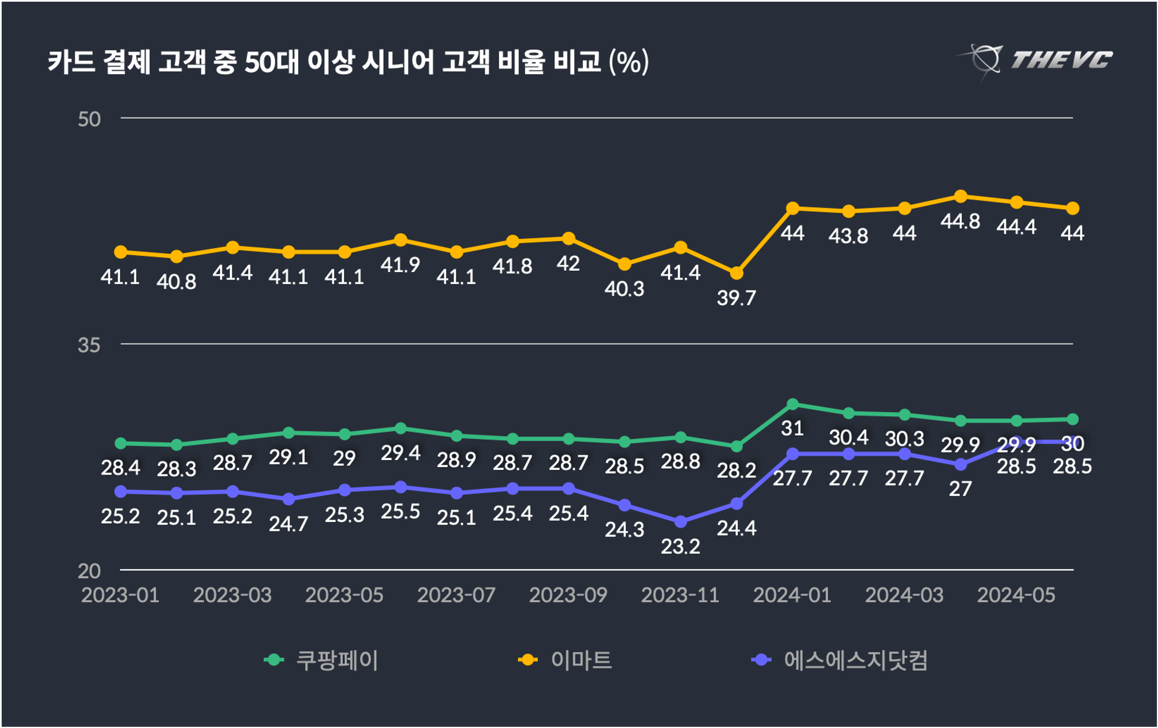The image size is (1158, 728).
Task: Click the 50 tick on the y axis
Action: tap(89, 119)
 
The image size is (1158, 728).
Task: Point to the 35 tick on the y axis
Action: tap(89, 345)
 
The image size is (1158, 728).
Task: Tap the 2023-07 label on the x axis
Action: tap(456, 595)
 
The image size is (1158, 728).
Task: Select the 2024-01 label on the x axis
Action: tap(792, 595)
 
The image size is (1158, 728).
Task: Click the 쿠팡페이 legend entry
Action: tap(321, 660)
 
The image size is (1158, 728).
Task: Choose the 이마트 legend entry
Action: tap(566, 660)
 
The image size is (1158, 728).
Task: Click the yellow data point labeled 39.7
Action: tap(736, 273)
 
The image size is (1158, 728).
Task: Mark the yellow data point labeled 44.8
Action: tap(961, 197)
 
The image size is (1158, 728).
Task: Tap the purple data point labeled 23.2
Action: tap(681, 522)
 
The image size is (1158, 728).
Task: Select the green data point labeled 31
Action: tap(793, 404)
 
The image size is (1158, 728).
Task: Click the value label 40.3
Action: tap(624, 289)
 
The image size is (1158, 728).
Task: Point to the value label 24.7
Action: tap(288, 524)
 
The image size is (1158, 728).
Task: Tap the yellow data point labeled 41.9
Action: tap(400, 240)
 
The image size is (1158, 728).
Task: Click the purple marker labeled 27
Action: tap(961, 465)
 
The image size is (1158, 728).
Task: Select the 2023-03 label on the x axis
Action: tap(232, 595)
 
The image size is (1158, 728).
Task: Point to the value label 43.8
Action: tap(848, 236)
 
